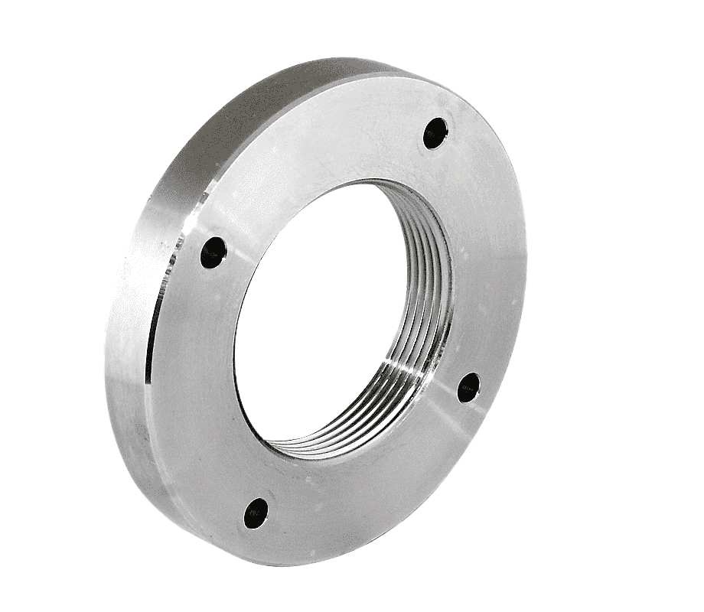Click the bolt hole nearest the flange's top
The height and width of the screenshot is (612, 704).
435,131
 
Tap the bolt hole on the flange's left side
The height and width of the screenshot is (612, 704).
213,252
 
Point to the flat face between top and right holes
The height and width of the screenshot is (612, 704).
490,252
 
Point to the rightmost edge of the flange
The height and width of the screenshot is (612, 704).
527,252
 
